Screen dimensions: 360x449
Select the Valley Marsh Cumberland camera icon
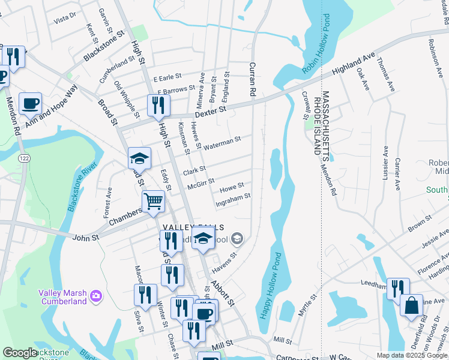tap(95, 296)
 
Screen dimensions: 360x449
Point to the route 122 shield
tap(23, 157)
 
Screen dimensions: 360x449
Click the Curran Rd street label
tap(253, 79)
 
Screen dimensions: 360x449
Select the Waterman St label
tap(222, 143)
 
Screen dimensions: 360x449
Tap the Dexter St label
tap(210, 111)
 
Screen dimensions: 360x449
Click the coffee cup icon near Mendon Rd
tap(30, 104)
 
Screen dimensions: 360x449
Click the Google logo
tap(20, 353)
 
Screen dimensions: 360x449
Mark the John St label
tap(86, 238)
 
